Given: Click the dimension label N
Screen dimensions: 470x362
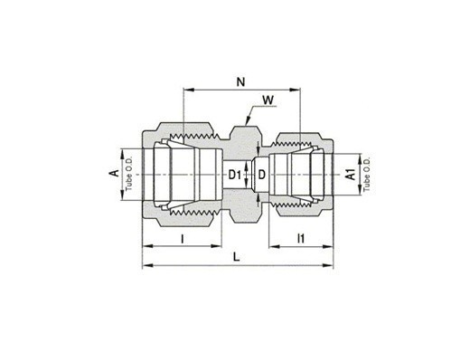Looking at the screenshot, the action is [x=240, y=81].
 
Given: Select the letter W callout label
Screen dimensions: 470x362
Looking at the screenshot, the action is [x=268, y=100].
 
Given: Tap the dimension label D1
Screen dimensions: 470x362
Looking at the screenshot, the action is [x=235, y=175].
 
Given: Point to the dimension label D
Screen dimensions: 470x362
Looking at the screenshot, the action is [x=262, y=175].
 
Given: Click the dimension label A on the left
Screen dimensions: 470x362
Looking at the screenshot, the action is [x=114, y=173].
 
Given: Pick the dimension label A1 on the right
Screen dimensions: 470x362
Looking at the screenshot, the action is [x=352, y=175].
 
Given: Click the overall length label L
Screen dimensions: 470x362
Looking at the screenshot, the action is [x=237, y=257].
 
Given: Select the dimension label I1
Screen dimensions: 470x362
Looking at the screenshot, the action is [x=301, y=238].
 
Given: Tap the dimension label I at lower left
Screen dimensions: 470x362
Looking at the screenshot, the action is [x=182, y=239].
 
